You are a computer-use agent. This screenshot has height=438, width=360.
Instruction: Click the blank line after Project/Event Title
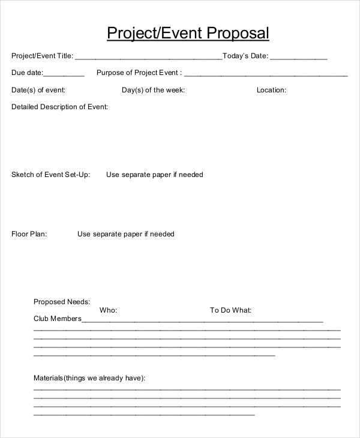148,59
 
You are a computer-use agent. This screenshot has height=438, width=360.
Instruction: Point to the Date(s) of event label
38,90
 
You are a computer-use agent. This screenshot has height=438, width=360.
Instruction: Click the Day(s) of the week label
153,90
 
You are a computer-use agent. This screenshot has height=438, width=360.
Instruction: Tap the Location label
271,90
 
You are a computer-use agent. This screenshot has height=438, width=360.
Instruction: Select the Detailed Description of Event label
59,107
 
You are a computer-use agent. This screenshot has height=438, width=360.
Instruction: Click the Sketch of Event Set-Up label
51,175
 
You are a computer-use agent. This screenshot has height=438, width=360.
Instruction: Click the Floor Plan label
29,234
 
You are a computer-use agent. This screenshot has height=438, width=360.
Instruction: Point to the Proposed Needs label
62,302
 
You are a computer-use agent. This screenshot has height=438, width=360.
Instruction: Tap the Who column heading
108,310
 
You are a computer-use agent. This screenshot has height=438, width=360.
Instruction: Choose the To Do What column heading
230,310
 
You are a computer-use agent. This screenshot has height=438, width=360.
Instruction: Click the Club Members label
57,319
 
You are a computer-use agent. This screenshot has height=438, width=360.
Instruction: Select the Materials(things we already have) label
89,378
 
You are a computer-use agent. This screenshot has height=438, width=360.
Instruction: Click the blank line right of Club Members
202,321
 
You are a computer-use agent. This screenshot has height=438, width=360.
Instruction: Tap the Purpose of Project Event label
139,73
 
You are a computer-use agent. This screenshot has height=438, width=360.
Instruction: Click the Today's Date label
245,56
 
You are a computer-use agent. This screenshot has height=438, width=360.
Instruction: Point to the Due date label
27,73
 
